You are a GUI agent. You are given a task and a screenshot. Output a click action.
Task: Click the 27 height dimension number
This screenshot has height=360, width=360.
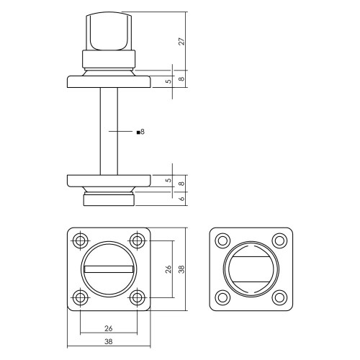point(182,41)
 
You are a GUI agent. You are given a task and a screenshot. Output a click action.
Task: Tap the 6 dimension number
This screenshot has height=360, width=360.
point(182,199)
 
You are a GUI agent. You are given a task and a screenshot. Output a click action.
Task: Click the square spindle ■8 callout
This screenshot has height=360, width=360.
point(140,132)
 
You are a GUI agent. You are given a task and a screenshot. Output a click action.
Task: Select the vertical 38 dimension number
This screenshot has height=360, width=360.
point(182,269)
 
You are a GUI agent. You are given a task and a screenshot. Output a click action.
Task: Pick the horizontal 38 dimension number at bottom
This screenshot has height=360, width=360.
point(109,341)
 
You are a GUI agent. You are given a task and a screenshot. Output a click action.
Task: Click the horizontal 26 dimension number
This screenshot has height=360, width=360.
point(109,328)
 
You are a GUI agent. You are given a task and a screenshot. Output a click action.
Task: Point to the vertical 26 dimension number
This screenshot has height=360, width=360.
point(169,269)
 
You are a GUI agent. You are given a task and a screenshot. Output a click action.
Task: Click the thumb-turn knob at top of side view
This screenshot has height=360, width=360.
point(109,31)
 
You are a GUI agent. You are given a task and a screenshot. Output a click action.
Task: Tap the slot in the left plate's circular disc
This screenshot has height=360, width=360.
point(109,269)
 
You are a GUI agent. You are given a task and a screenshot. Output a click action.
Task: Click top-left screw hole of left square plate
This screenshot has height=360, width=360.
point(80,240)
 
